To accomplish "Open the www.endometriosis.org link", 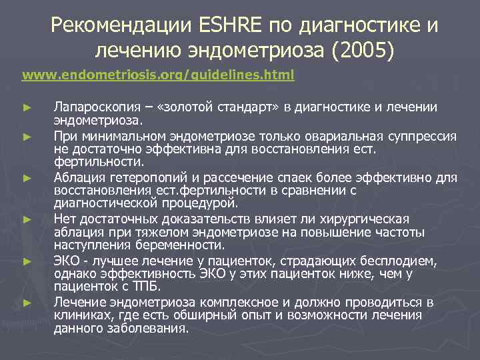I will pos(158,75).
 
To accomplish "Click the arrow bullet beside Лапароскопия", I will pos(26,107).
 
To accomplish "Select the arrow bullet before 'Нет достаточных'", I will pos(26,219).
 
